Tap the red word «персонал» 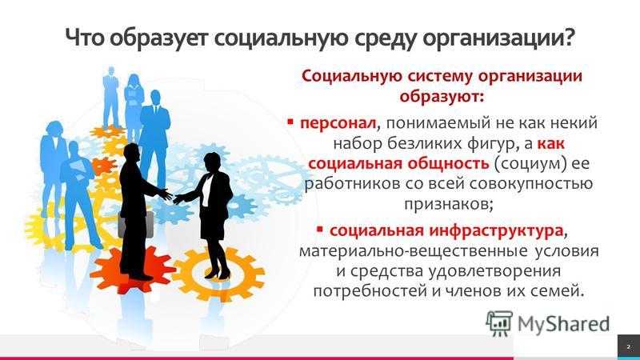coord(338,124)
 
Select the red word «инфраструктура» coord(496,231)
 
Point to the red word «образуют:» coord(442,97)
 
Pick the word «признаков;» coord(449,204)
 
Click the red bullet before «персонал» coord(290,122)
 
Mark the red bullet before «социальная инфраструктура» coord(320,229)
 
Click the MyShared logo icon coord(498,324)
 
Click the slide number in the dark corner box coord(629,347)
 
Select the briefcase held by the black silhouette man coord(136,224)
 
